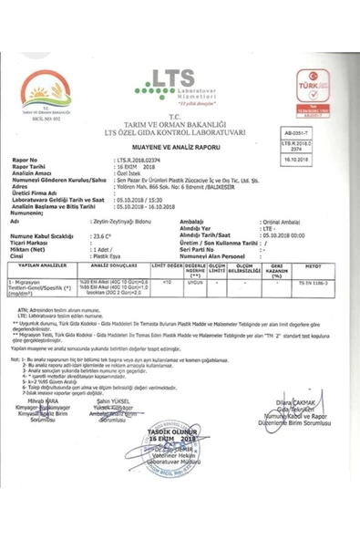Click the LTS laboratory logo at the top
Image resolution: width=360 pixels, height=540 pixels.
tap(179, 79)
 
